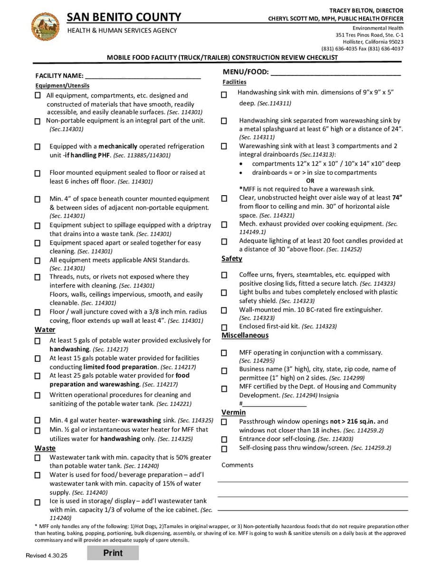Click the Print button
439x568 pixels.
coord(113,553)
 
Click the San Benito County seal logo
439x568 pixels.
coord(45,27)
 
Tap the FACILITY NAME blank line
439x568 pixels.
coord(143,76)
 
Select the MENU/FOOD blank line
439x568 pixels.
coord(335,73)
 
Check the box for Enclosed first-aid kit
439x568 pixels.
coord(224,327)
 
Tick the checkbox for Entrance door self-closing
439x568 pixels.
coord(224,440)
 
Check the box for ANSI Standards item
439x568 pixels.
coord(38,261)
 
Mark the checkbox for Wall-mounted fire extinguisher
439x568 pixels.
coord(224,311)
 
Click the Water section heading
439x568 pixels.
coord(45,330)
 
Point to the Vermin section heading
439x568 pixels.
coord(233,412)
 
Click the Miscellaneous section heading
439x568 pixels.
coord(245,335)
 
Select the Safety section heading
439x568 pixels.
coord(231,259)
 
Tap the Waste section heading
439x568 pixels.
coord(45,448)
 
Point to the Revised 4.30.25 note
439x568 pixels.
coord(47,555)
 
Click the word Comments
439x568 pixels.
coord(237,465)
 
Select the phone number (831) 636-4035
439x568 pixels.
coord(339,48)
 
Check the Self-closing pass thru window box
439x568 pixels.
coord(224,449)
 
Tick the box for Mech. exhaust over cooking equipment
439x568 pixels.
coord(224,225)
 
